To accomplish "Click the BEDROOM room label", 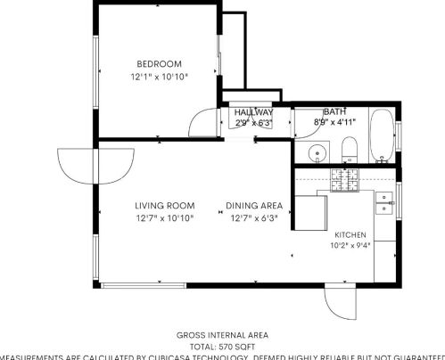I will tap(159, 63).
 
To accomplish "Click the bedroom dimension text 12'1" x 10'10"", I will tap(159, 77).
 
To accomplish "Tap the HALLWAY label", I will tap(253, 112).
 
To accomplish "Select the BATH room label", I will tap(334, 110).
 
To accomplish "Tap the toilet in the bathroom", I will tap(350, 150).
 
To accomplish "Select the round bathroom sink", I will tap(316, 153).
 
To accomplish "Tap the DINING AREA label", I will tap(254, 205).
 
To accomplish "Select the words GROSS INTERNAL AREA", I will tap(222, 334).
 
